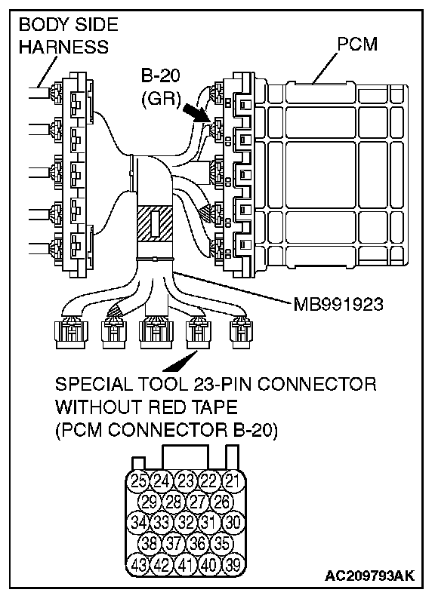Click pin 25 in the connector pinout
(138, 481)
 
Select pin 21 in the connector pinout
(233, 481)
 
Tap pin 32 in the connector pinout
(186, 523)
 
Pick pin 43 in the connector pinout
(138, 565)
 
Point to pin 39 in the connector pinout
(233, 565)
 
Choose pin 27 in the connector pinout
(198, 502)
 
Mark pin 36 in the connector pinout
(198, 544)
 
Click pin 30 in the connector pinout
(233, 523)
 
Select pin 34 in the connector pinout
(138, 523)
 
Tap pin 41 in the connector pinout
(186, 565)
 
